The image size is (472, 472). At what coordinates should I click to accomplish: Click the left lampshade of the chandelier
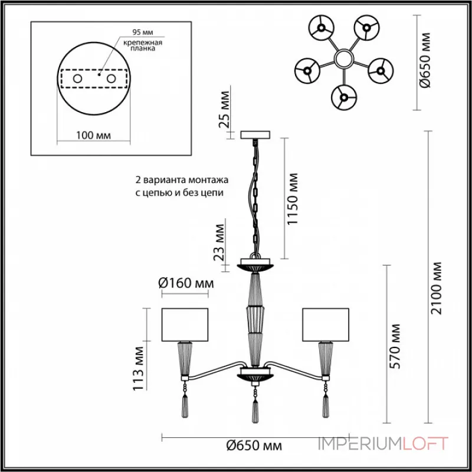(185, 324)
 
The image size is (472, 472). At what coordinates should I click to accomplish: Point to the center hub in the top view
(343, 58)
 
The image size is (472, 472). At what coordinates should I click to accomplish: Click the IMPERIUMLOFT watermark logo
(383, 444)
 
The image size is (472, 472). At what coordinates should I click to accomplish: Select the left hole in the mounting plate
(77, 78)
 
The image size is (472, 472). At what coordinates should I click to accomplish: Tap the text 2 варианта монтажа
(181, 179)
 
